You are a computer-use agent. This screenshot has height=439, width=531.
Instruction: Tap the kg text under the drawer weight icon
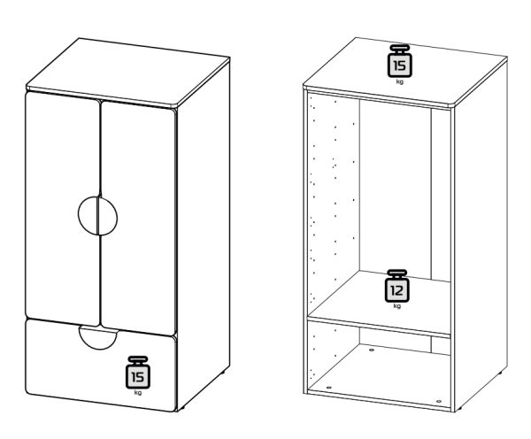(x=138, y=392)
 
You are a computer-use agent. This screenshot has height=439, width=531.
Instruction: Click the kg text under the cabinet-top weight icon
(x=399, y=81)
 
